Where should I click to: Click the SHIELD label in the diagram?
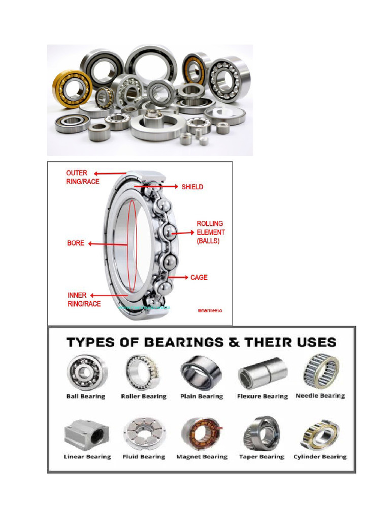pos(192,187)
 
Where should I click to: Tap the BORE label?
pos(76,243)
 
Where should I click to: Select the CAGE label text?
pos(199,277)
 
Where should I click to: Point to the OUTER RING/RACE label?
pos(83,177)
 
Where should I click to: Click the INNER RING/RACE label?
pos(84,300)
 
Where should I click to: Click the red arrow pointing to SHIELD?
pos(168,187)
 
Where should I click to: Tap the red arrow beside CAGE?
pos(179,277)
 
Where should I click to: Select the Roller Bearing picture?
pos(143,372)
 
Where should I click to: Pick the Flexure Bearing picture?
pos(263,373)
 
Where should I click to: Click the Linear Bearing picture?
pos(85,432)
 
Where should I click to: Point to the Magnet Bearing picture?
pos(201,434)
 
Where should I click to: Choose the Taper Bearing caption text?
pos(262,457)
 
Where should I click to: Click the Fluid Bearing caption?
pos(144,457)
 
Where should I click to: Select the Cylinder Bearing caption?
pos(320,457)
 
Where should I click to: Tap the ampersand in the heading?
pos(233,342)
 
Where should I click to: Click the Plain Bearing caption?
pos(202,396)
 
